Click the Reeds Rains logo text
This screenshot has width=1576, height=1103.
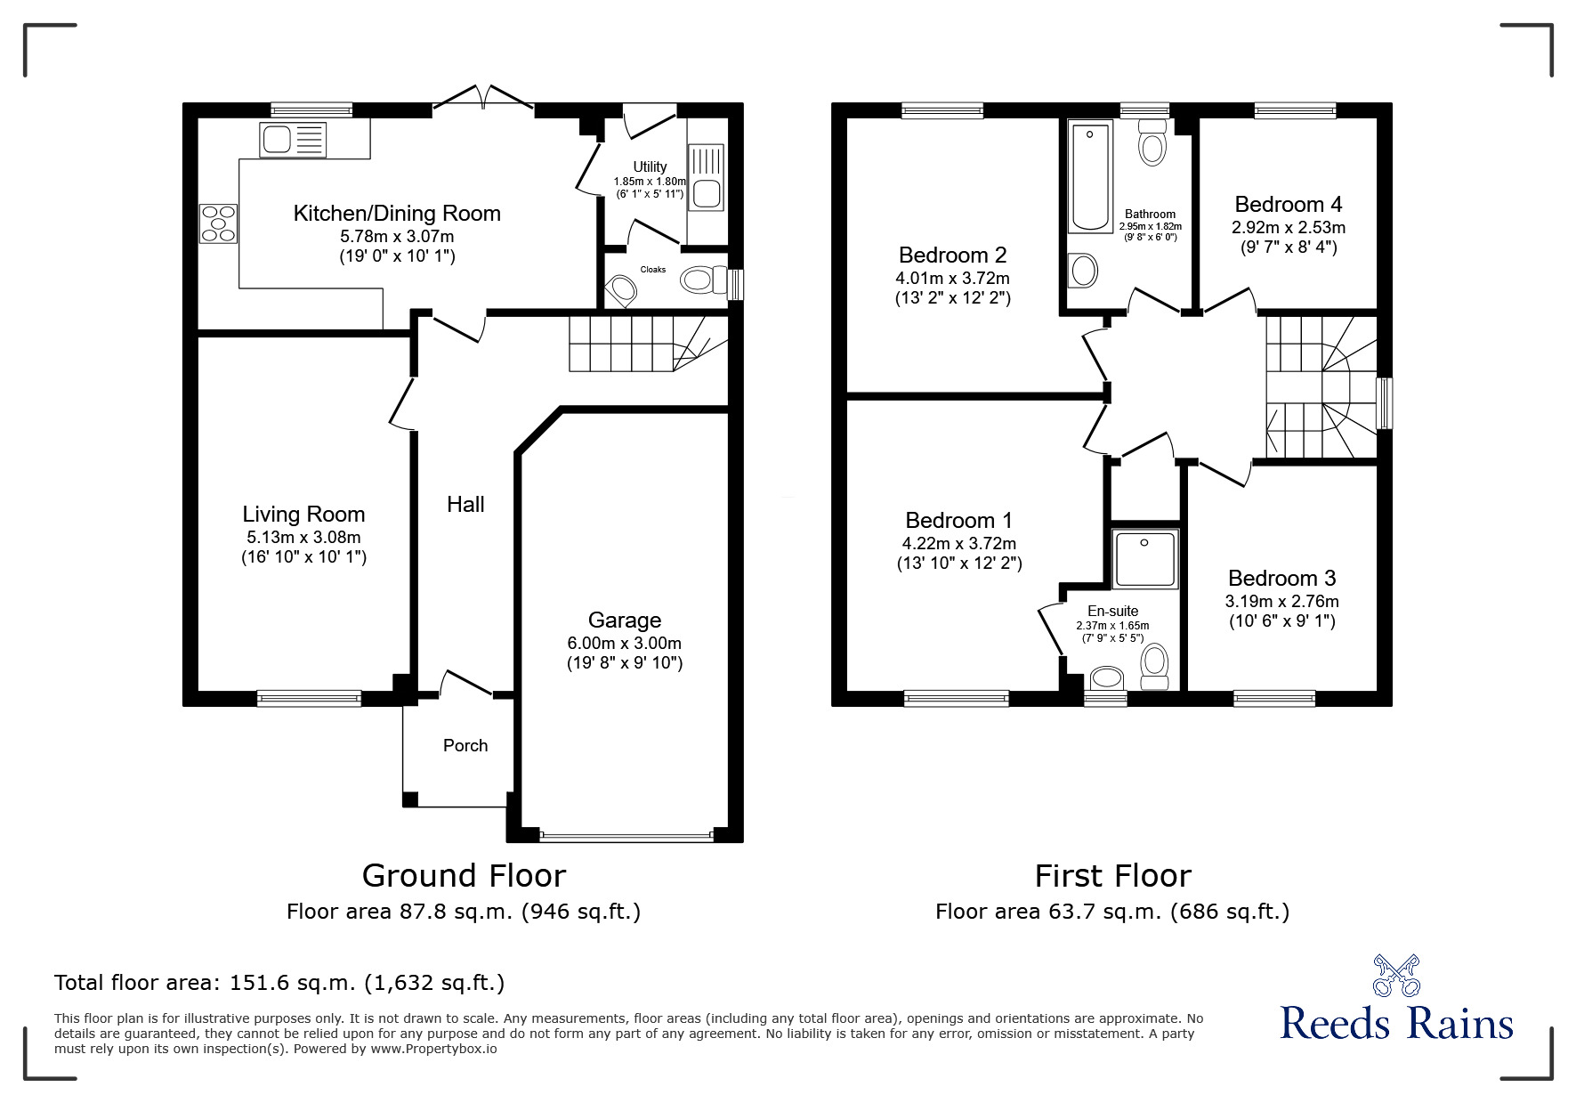(x=1395, y=1023)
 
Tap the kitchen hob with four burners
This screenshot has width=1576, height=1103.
(x=219, y=223)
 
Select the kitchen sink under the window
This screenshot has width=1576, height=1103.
(x=293, y=141)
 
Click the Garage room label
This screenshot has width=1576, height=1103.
(x=624, y=620)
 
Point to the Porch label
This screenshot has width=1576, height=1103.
(x=465, y=746)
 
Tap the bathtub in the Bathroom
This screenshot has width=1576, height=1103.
(x=1090, y=177)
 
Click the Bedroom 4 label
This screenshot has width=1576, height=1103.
(x=1288, y=205)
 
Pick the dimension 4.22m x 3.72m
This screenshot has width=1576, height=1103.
(x=958, y=543)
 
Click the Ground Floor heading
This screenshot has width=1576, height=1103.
(x=464, y=876)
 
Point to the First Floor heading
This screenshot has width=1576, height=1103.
(x=1112, y=876)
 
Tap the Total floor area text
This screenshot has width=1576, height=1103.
(x=279, y=983)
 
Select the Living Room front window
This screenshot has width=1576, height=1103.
(x=309, y=699)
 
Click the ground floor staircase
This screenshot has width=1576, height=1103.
(x=641, y=344)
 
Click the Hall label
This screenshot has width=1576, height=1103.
(x=465, y=505)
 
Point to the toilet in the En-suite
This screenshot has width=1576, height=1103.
(x=1154, y=666)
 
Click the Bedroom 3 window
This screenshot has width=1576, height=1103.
(x=1274, y=699)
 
